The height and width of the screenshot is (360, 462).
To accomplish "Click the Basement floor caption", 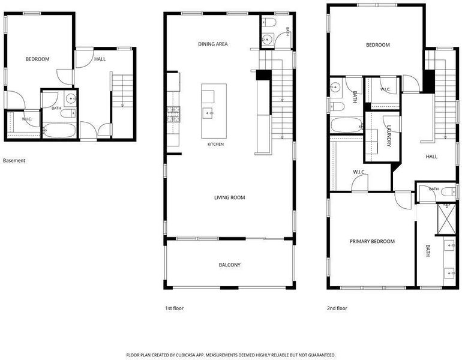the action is (x=14, y=161).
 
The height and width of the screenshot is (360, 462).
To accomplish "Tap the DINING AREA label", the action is (x=213, y=44).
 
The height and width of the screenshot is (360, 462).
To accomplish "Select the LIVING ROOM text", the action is (x=230, y=197).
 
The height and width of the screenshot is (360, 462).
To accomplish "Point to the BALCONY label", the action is (x=230, y=265).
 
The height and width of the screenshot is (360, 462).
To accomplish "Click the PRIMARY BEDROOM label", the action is (x=372, y=242).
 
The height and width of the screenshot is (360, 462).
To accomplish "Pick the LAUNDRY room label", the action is (x=389, y=136).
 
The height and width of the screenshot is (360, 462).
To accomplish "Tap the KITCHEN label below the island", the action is (x=215, y=145).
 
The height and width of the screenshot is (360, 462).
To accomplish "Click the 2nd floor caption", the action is (x=337, y=308).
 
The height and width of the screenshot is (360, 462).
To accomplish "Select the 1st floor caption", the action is (x=174, y=308).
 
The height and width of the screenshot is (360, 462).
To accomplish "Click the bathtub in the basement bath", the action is (x=59, y=130).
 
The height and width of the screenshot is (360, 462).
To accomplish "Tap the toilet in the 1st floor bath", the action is (x=269, y=22).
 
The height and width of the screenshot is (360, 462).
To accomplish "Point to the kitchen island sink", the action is (x=208, y=113).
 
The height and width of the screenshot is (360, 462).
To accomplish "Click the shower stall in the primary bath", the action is (x=447, y=219).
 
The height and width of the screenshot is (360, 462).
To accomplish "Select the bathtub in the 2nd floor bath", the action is (x=347, y=125).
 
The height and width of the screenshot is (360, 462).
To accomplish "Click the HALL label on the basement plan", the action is (x=100, y=59).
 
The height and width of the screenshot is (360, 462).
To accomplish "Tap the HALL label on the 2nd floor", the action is (x=431, y=157).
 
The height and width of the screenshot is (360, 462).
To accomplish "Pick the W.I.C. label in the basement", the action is (x=27, y=119).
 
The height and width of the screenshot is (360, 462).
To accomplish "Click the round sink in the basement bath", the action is (x=71, y=98).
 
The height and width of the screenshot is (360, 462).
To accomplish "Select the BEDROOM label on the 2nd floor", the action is (x=378, y=45).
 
